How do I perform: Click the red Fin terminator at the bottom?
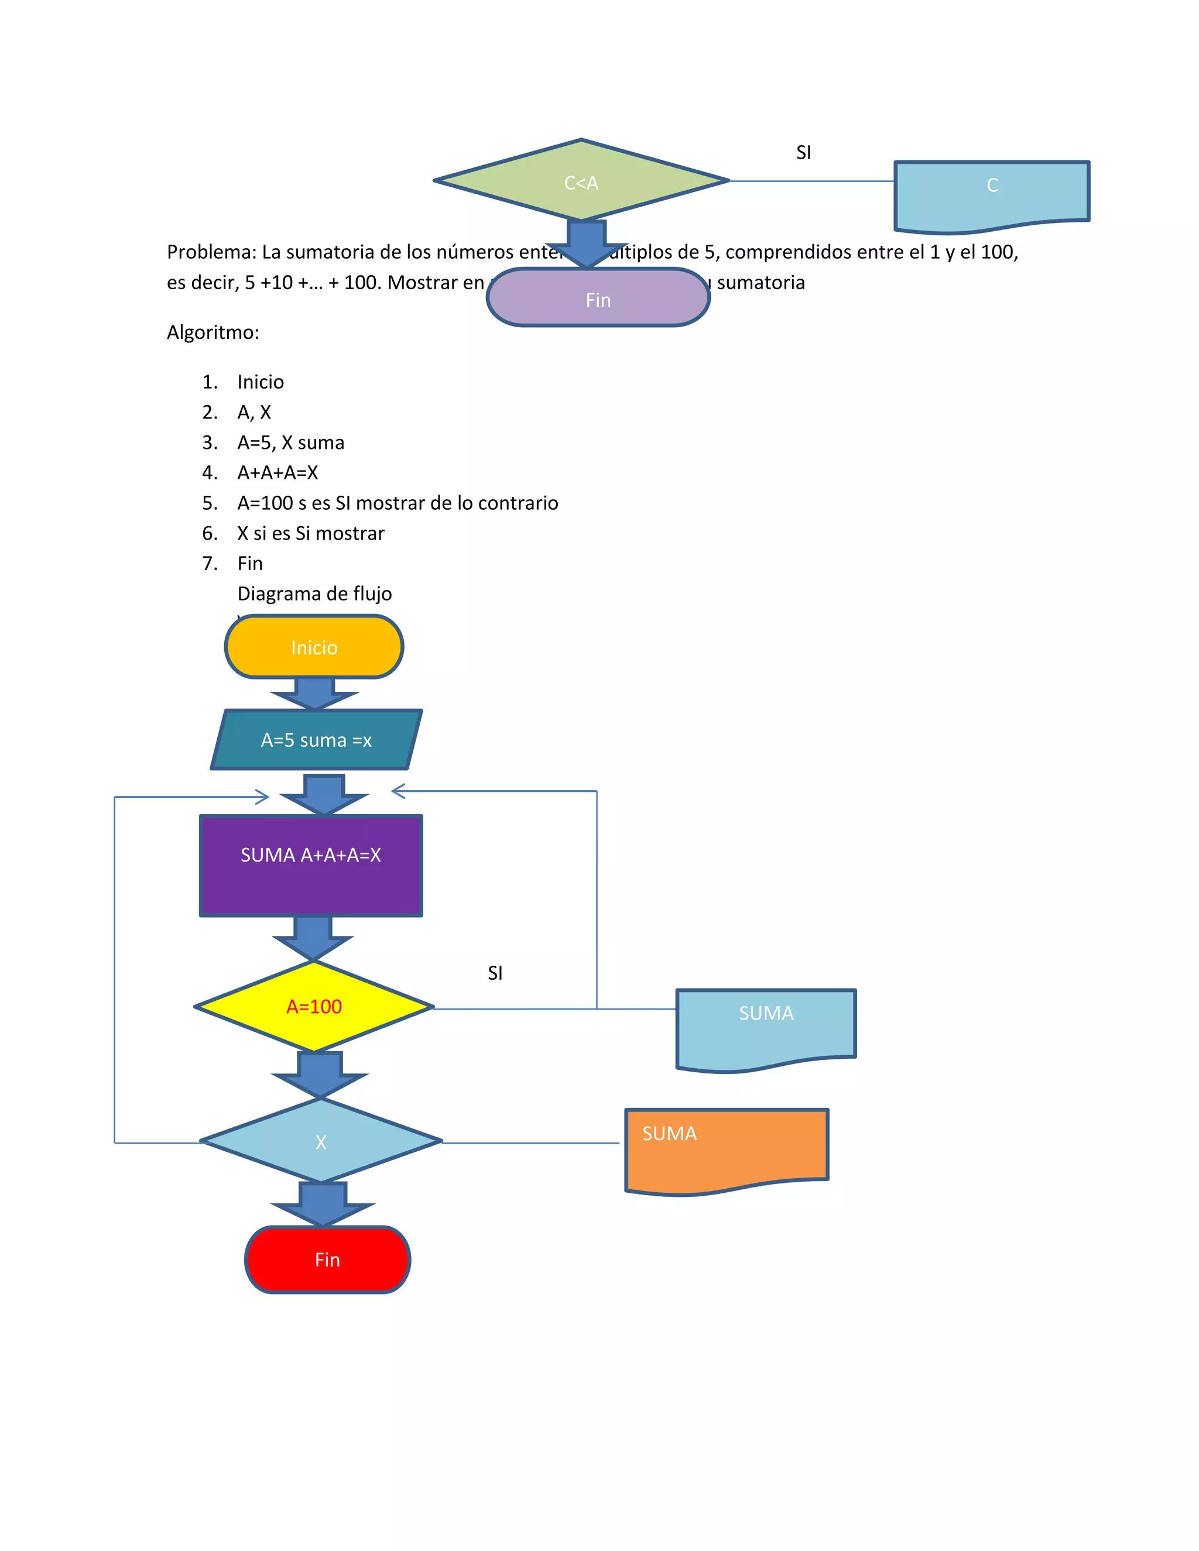(x=327, y=1259)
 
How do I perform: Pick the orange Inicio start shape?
(x=314, y=647)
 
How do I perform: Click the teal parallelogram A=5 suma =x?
(x=316, y=740)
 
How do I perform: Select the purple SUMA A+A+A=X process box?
(x=311, y=865)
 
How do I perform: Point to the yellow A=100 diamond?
(x=314, y=1006)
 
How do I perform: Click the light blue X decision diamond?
(x=321, y=1141)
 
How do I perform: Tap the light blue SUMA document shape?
(x=766, y=1026)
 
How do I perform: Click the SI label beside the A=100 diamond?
(x=495, y=973)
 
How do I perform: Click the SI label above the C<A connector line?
(x=803, y=153)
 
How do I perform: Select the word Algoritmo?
(x=213, y=332)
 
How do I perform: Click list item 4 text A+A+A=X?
(x=278, y=472)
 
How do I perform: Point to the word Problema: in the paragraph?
(x=211, y=252)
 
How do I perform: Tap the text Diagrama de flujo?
(x=314, y=593)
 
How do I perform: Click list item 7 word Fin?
(x=250, y=563)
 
